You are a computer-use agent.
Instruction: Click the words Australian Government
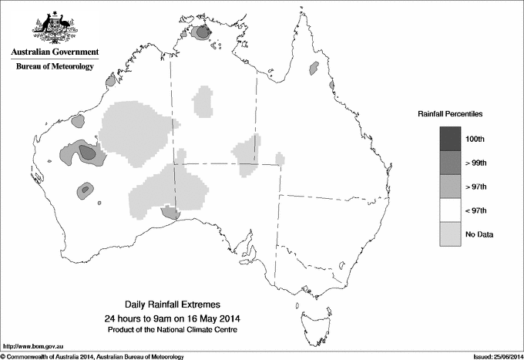[x=55, y=52]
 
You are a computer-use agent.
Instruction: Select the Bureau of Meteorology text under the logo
[x=55, y=67]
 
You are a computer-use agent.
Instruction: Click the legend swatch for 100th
[x=451, y=138]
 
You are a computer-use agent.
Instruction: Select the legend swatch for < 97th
[x=451, y=210]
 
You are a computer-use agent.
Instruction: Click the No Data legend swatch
[x=451, y=234]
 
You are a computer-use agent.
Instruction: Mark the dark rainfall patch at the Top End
[x=203, y=32]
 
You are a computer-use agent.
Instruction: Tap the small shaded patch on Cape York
[x=314, y=69]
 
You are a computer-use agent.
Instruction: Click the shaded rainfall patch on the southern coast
[x=169, y=212]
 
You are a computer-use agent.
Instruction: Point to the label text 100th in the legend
[x=475, y=139]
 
